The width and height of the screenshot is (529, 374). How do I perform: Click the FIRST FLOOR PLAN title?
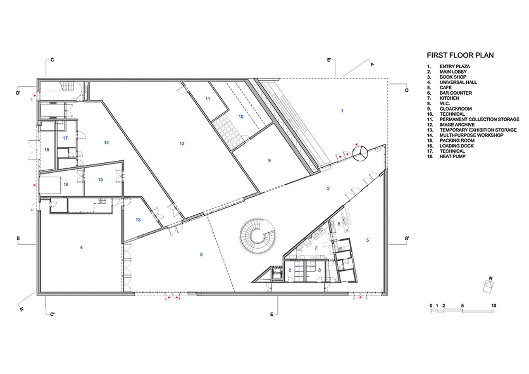460,55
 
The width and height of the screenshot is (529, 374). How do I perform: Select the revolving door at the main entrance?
360,152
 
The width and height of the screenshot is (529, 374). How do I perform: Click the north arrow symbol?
489,285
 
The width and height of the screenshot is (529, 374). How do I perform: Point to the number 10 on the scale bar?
493,306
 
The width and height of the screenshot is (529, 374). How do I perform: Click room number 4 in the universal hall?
81,248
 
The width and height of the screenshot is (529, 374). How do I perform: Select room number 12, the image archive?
182,143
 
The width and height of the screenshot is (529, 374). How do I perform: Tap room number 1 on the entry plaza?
342,110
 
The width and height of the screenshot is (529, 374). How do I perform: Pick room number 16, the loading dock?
66,184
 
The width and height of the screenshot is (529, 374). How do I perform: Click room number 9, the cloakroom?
269,160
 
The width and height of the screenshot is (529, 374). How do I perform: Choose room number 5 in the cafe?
367,240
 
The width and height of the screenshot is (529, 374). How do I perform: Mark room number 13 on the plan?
138,220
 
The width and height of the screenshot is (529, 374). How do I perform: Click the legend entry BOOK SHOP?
453,77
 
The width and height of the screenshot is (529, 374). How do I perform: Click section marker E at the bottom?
272,314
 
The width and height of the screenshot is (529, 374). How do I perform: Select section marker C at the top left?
52,60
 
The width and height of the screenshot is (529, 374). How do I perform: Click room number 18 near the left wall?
47,150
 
